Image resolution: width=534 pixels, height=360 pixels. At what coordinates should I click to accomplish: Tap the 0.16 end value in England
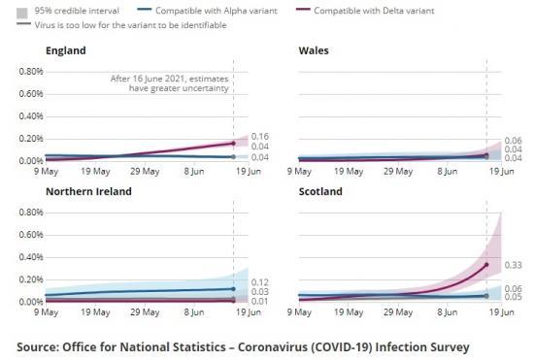(259, 137)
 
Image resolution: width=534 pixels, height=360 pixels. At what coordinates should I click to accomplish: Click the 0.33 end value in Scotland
(514, 264)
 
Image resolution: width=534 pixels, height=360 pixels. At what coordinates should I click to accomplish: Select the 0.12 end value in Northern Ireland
(259, 282)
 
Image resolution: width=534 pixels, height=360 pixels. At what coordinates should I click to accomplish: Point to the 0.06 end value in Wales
(514, 141)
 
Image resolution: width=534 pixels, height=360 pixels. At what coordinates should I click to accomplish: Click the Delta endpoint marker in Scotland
(486, 264)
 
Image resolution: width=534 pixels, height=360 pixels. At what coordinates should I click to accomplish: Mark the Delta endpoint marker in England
(233, 143)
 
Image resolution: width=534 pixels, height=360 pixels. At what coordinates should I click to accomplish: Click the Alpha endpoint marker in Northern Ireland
(233, 288)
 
